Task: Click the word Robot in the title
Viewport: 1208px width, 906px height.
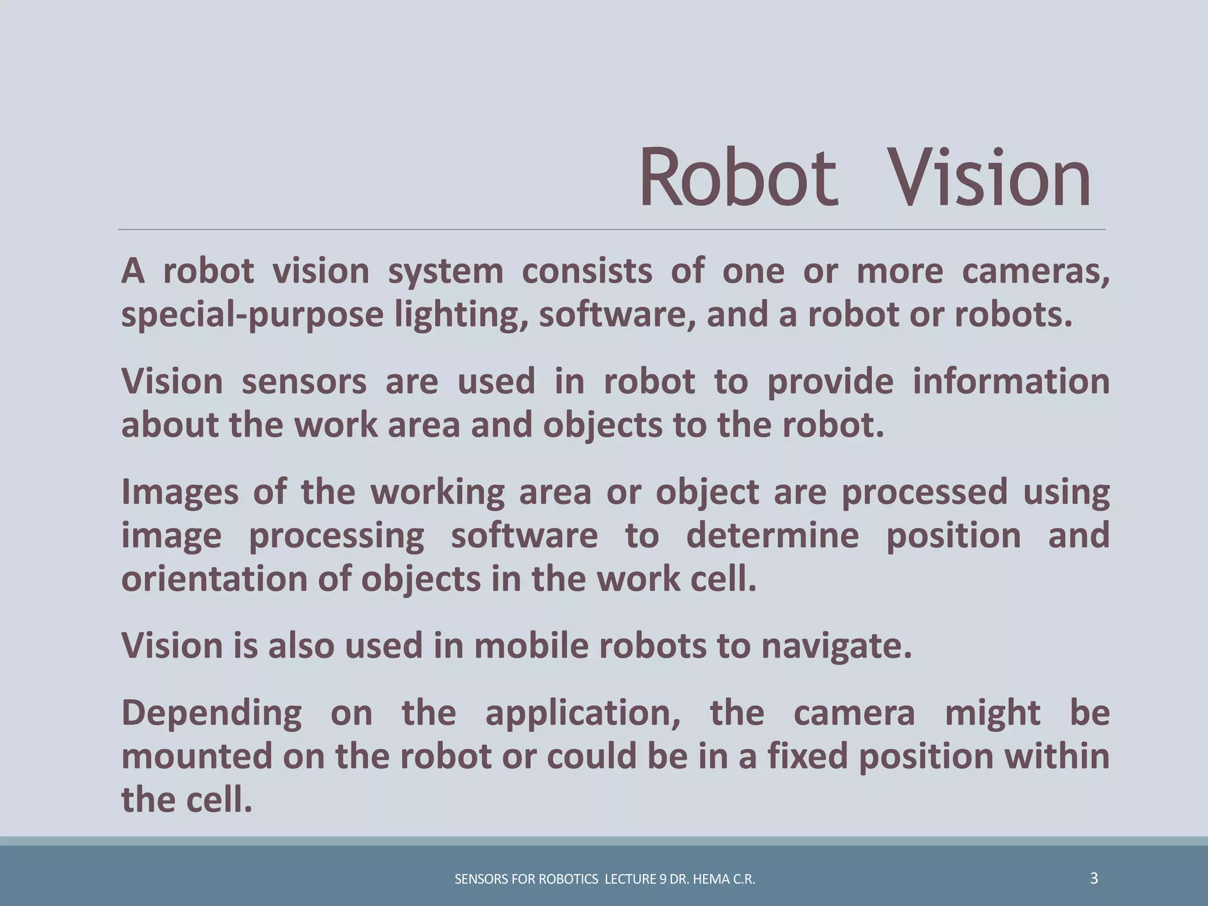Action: [x=738, y=178]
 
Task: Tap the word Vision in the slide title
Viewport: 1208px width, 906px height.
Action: [x=989, y=178]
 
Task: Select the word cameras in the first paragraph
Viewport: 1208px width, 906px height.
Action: [x=1035, y=271]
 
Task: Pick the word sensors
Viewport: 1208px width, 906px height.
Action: [x=304, y=382]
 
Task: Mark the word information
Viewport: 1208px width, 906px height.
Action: [x=1011, y=382]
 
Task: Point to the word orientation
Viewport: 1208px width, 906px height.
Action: [x=214, y=579]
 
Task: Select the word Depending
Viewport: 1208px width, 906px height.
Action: [x=211, y=713]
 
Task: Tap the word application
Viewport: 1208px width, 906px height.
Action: [x=583, y=713]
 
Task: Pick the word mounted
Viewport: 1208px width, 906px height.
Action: [x=197, y=757]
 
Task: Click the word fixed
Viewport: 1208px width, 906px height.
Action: [x=807, y=757]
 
